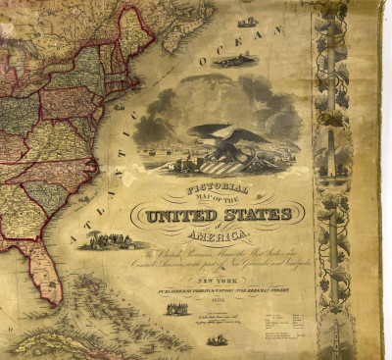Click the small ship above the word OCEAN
pyautogui.click(x=248, y=22)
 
